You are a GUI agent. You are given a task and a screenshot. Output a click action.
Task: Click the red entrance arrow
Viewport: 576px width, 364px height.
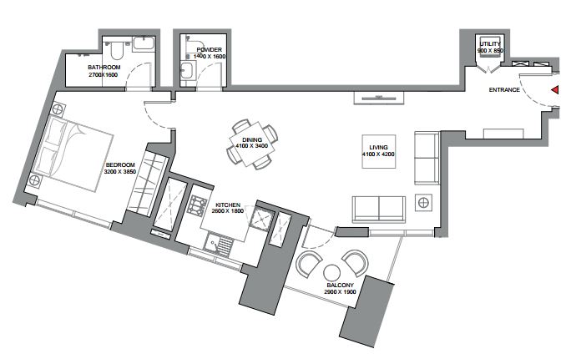coord(555,89)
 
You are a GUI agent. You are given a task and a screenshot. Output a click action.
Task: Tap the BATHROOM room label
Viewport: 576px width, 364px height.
coord(104,68)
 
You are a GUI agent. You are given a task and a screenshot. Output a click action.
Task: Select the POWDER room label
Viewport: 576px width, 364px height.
coord(209,49)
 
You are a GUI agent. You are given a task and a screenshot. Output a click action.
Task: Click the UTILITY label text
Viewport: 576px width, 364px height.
coord(490,43)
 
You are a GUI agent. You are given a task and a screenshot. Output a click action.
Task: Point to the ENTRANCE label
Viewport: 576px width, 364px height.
coord(504,89)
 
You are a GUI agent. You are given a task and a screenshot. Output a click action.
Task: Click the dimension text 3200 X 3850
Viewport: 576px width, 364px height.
coord(120,171)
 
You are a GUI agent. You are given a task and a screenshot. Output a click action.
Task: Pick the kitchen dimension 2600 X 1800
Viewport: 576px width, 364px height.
coord(228,211)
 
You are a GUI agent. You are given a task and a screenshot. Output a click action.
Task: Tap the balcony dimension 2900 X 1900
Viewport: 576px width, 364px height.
coord(340,291)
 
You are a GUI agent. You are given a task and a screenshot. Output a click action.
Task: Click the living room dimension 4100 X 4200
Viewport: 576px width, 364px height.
coord(378,154)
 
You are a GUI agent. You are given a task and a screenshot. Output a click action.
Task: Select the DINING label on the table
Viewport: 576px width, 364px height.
coord(252,139)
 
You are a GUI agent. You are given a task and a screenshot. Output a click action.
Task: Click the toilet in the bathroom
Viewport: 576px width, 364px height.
coord(116,50)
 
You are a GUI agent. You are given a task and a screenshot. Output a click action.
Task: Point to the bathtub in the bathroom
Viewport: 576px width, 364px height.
coord(144,43)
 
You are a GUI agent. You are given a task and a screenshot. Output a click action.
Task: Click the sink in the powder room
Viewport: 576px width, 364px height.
coord(186,70)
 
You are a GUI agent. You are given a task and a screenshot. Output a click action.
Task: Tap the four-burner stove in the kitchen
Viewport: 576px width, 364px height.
coord(197,205)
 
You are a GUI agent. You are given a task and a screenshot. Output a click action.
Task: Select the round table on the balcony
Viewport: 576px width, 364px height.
coord(331,273)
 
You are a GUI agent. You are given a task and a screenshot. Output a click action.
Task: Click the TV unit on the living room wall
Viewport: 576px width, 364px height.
coord(379,98)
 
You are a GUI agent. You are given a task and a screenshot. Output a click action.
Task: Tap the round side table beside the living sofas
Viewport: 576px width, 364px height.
coord(423,202)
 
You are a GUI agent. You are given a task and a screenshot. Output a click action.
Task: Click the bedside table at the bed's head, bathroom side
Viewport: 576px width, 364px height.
coord(58,109)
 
